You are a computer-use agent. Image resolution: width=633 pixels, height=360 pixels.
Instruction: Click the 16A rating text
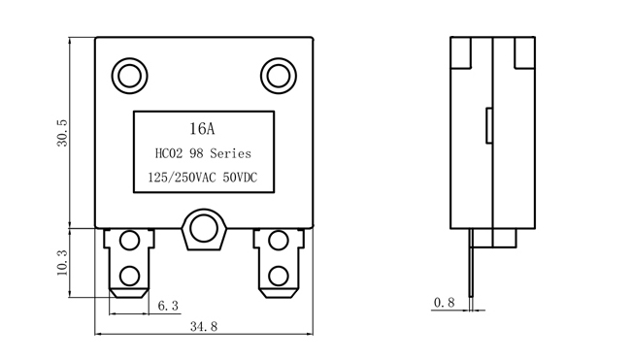pyautogui.click(x=202, y=129)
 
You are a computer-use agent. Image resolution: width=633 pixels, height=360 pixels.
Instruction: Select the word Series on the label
pyautogui.click(x=230, y=153)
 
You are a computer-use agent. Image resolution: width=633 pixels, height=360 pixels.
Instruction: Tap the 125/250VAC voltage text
pyautogui.click(x=183, y=178)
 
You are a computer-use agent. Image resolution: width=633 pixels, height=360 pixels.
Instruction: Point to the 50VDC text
pyautogui.click(x=240, y=178)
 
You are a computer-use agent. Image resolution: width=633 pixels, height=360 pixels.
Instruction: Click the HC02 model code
pyautogui.click(x=169, y=153)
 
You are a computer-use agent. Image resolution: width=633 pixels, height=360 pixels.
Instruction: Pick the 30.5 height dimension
pyautogui.click(x=62, y=133)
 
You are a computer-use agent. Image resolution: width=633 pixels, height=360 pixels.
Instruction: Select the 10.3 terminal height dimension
pyautogui.click(x=62, y=263)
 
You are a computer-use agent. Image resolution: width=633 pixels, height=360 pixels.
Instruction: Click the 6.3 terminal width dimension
pyautogui.click(x=168, y=306)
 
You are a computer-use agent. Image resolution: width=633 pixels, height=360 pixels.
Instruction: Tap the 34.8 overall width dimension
pyautogui.click(x=204, y=326)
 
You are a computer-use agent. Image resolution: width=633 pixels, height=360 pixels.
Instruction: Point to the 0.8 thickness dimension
pyautogui.click(x=444, y=303)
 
